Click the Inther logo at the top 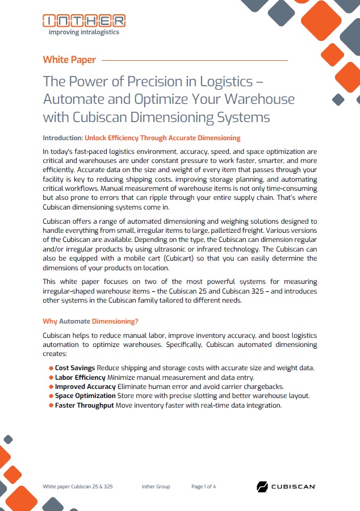click(x=84, y=20)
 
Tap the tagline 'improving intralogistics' click(x=83, y=32)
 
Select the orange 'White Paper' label click(x=69, y=60)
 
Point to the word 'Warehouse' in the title click(x=259, y=99)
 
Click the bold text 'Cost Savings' click(x=75, y=368)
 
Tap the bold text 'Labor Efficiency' click(x=80, y=377)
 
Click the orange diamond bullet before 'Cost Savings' click(x=51, y=368)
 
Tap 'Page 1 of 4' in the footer click(x=203, y=487)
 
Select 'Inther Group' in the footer click(x=156, y=487)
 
